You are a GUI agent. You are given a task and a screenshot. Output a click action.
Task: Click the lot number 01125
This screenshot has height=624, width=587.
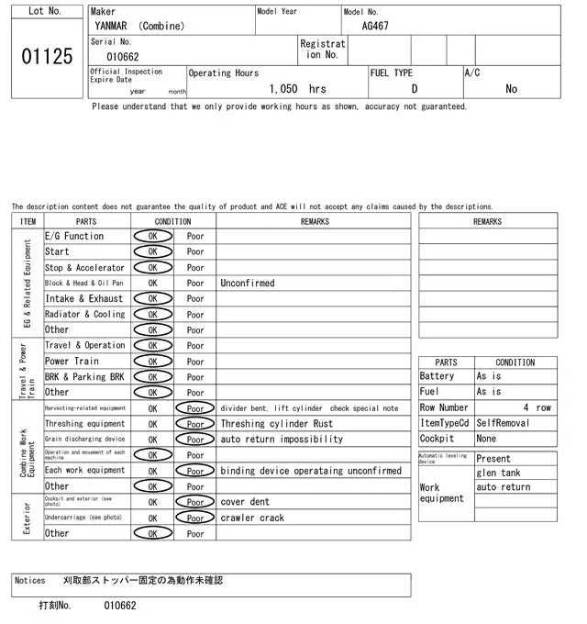click(46, 57)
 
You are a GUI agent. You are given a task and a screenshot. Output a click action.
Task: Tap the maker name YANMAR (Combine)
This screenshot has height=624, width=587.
click(138, 26)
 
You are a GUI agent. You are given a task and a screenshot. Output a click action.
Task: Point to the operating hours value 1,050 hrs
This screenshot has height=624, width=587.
click(298, 89)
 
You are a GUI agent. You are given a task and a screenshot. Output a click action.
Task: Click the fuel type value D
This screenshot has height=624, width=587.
click(415, 89)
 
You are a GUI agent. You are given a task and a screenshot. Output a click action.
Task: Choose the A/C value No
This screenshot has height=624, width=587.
click(511, 89)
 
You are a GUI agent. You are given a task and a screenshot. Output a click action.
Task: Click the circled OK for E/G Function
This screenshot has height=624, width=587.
click(152, 236)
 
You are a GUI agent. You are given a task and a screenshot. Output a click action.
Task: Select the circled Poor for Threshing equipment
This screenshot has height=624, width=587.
click(195, 424)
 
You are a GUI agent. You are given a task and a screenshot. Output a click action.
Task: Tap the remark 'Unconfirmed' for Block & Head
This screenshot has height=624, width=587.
click(248, 284)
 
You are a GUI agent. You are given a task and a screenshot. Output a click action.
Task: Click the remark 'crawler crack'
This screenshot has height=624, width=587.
click(252, 518)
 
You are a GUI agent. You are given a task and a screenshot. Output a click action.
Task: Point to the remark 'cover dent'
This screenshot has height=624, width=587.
click(245, 502)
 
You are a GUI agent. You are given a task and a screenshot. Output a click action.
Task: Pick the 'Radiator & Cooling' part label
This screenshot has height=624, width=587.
click(85, 315)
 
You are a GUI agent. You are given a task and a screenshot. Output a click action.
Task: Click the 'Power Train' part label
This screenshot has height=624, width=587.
click(72, 362)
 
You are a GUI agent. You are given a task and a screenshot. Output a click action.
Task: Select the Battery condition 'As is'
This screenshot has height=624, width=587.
click(488, 376)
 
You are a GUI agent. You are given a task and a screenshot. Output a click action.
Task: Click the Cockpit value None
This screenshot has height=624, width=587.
click(486, 439)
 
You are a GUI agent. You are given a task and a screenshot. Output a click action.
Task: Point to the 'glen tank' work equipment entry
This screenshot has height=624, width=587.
click(498, 473)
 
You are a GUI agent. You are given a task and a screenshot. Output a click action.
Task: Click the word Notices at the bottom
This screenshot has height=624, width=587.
click(30, 581)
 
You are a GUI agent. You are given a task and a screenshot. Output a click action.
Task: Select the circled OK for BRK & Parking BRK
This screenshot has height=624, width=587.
click(152, 377)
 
